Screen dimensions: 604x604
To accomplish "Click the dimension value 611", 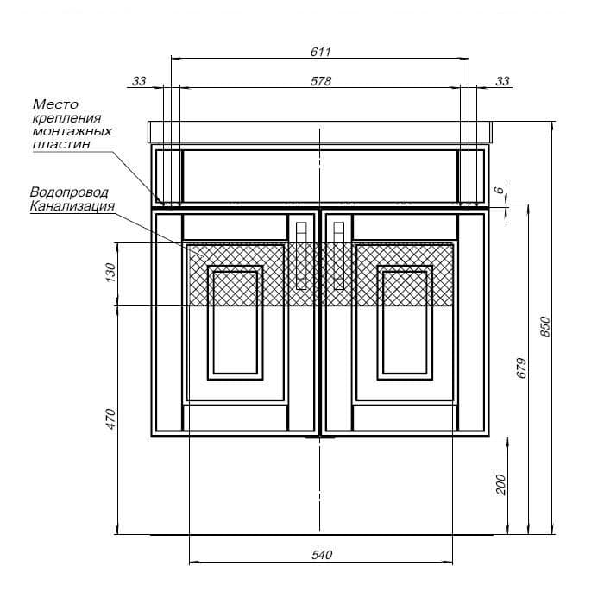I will point(321,51).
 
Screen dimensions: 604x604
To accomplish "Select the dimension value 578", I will point(321,80).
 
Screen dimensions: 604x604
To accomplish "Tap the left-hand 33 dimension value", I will point(139,81).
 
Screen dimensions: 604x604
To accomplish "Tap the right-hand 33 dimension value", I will point(503,81).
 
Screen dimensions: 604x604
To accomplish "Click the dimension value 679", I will point(521,368).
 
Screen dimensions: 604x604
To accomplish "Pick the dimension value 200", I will point(501,485).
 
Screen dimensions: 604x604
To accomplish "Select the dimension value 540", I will point(321,555).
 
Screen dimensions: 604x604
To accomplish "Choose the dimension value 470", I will point(110,418).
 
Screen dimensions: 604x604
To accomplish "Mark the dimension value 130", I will point(110,274).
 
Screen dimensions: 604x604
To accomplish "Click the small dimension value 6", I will point(498,190).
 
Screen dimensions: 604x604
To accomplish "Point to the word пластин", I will point(61,144).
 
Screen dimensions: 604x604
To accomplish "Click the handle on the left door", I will point(300,255).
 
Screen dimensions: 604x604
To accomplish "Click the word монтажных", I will point(72,131).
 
